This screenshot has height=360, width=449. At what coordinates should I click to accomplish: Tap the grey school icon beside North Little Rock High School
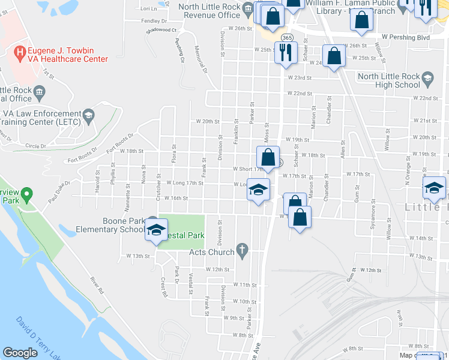click(x=427, y=77)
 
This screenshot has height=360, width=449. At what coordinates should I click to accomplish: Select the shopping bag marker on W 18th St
click(x=268, y=158)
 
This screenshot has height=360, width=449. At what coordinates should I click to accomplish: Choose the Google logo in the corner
click(x=20, y=352)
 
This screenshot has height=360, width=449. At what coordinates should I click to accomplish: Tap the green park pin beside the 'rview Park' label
click(x=26, y=195)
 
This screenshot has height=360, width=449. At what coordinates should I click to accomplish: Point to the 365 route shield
click(x=287, y=38)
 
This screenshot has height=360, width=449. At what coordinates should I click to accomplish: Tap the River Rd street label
click(x=97, y=285)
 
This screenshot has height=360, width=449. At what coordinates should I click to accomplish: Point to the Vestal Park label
click(x=187, y=236)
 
